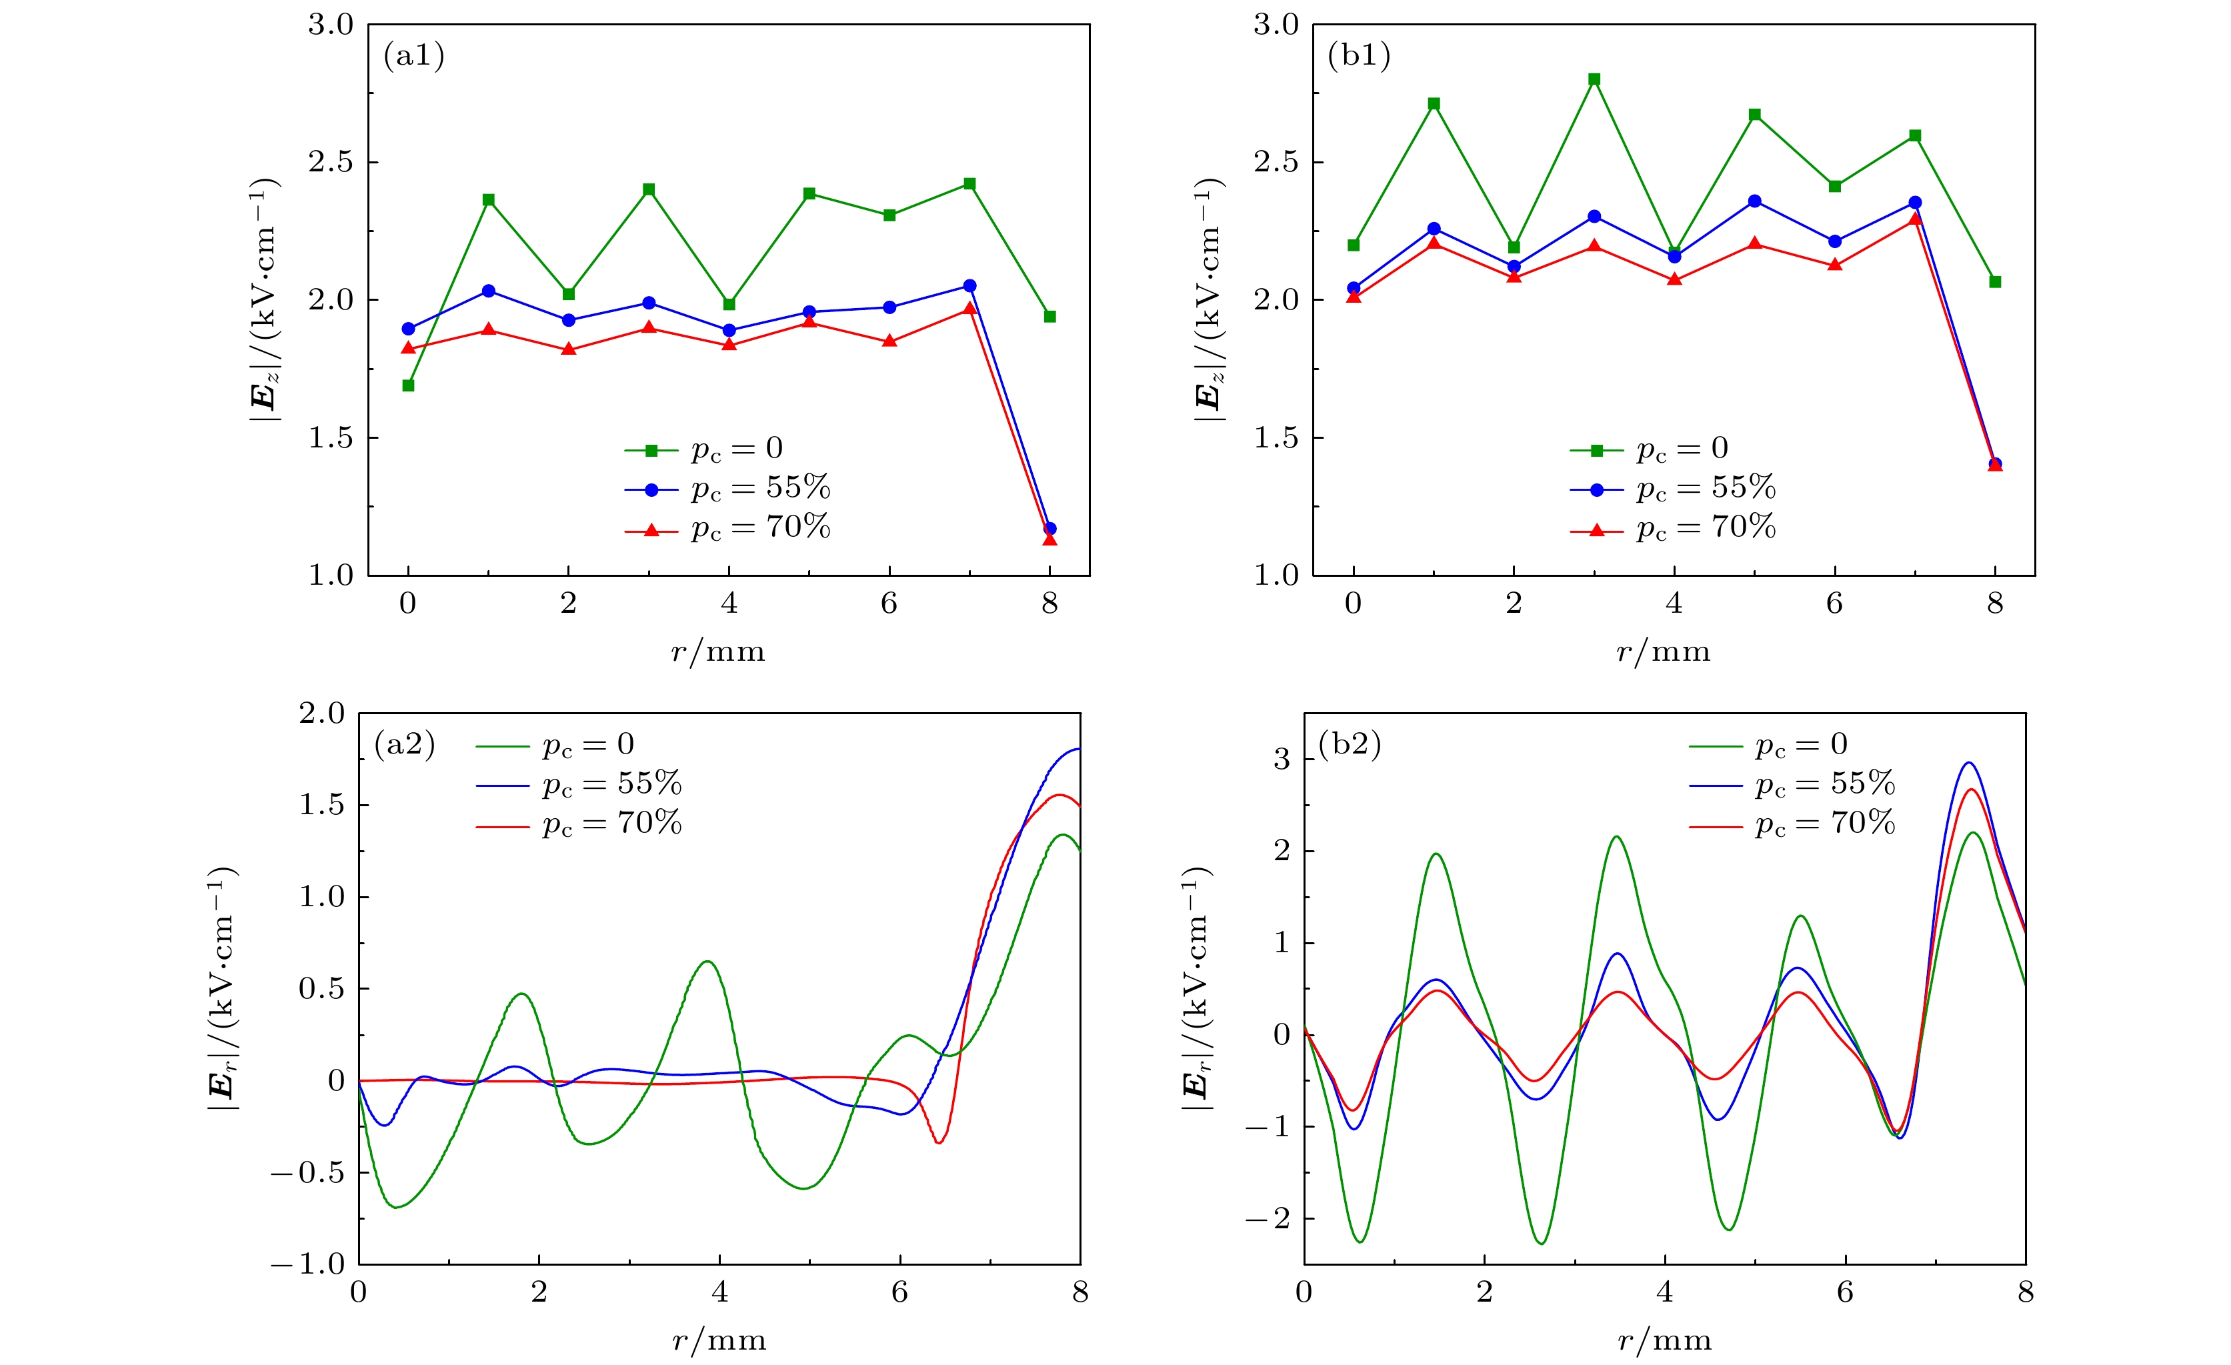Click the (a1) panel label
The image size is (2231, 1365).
[x=414, y=56]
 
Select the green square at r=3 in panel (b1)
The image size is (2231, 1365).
[x=1594, y=80]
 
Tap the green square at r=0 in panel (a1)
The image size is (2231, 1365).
[x=408, y=386]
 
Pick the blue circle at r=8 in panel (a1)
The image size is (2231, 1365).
[x=1050, y=528]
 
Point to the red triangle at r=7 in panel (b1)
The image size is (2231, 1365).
[x=1915, y=218]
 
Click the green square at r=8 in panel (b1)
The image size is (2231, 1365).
[x=1995, y=281]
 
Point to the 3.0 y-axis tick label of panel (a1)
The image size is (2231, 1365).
[x=331, y=25]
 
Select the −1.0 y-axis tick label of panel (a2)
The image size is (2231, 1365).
[x=309, y=1264]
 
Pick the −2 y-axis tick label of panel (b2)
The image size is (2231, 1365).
[x=1268, y=1218]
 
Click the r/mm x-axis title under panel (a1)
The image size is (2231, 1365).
[x=718, y=652]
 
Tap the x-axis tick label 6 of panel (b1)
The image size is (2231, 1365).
[x=1834, y=604]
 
